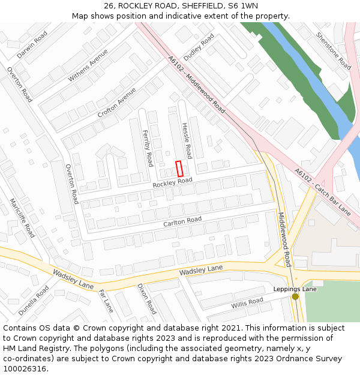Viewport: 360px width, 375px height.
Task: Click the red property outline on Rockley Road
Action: pos(179,169)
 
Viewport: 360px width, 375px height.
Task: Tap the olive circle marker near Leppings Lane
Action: pos(295,296)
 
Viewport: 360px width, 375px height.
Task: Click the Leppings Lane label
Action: pos(295,289)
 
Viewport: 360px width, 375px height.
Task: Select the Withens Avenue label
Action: pos(88,65)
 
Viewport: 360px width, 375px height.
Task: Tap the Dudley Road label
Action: pos(199,47)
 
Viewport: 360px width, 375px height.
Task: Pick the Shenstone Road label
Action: pos(334,50)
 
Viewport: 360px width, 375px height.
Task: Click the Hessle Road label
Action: pos(187,142)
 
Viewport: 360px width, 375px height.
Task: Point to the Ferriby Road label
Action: pos(148,148)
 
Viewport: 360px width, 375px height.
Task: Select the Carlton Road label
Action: pos(182,222)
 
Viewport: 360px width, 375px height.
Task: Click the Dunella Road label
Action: pos(34,300)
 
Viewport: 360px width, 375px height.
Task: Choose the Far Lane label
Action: pos(106,301)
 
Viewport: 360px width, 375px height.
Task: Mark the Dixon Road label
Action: pos(146,299)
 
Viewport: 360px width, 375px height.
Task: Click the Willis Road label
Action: pos(247,303)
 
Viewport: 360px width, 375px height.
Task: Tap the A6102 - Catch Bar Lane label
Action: pos(322,191)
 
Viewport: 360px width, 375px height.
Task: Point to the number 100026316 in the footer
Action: pos(25,368)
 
